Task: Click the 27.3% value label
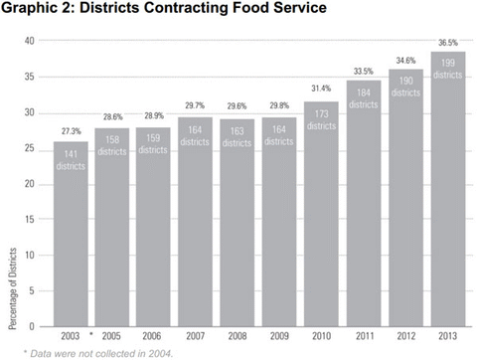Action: point(70,131)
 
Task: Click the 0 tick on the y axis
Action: point(33,326)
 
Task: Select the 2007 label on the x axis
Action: point(195,338)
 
